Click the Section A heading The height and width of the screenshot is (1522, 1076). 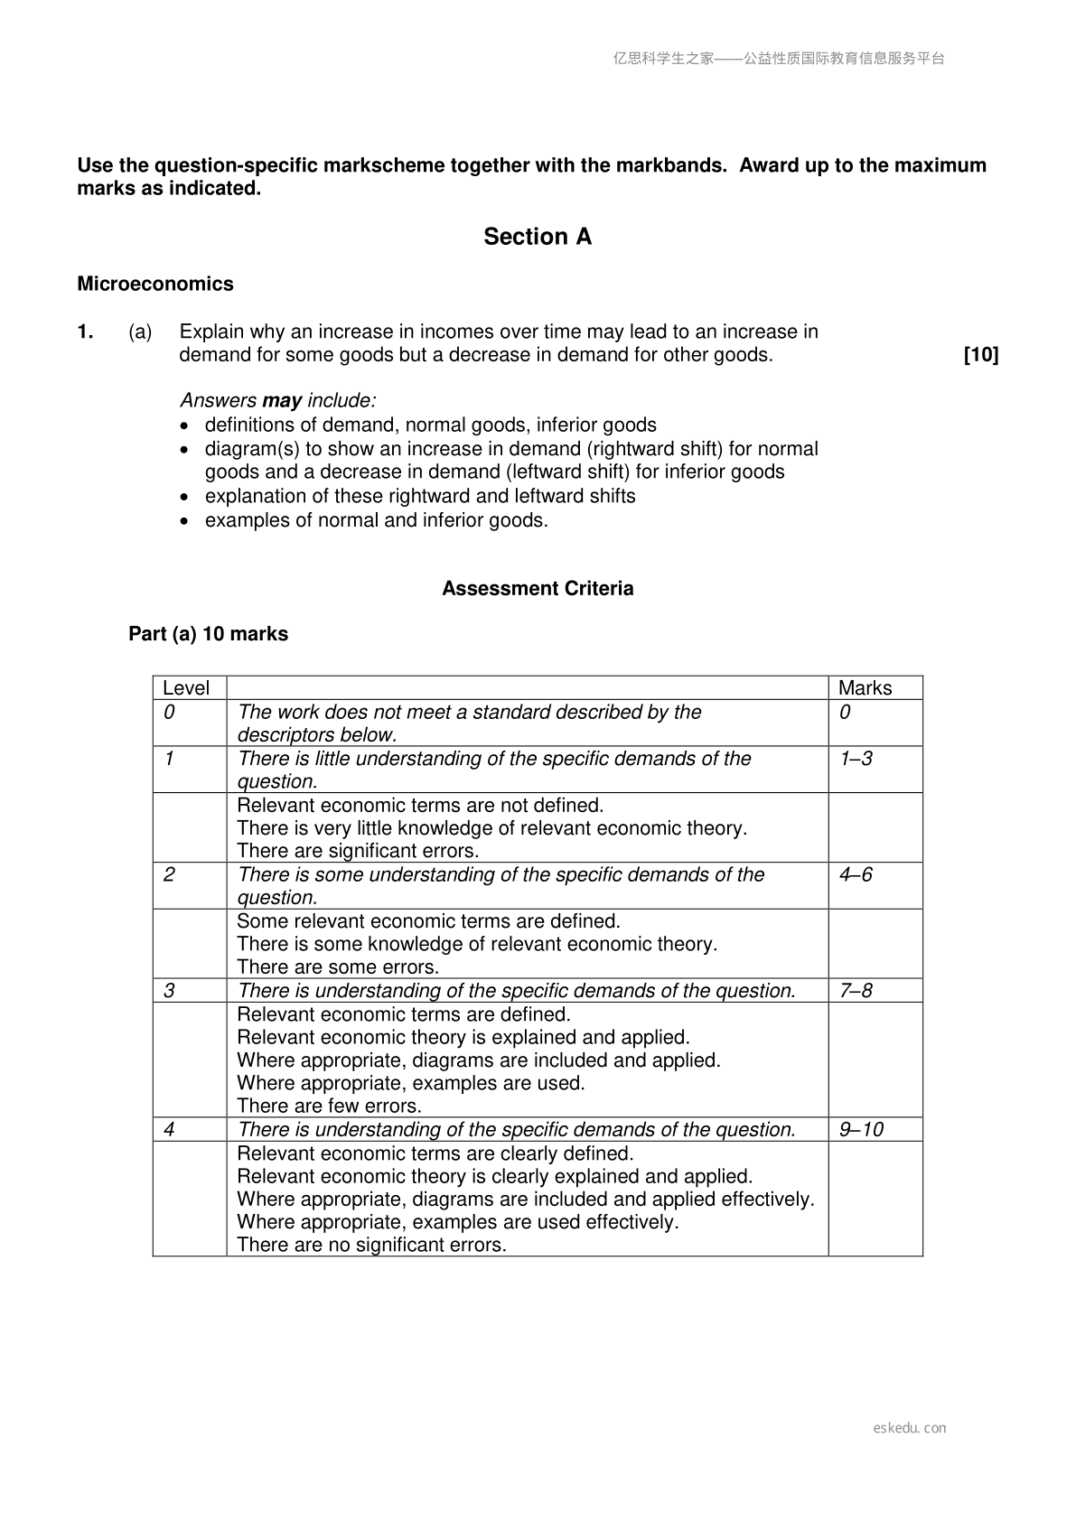(x=538, y=237)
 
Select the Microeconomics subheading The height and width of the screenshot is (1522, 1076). (x=155, y=284)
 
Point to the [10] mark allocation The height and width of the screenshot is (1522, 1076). (x=981, y=355)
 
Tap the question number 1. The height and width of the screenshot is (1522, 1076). (x=85, y=331)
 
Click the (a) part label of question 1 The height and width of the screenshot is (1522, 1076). (x=140, y=331)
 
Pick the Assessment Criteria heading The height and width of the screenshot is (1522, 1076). (x=538, y=589)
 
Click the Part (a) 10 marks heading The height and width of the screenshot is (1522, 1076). (x=208, y=634)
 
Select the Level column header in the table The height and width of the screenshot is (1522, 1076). (x=186, y=688)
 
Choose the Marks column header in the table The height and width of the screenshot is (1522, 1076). (x=865, y=688)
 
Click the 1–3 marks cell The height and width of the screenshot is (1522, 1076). (x=856, y=759)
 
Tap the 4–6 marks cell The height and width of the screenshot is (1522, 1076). (x=856, y=874)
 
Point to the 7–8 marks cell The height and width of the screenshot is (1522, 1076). (x=856, y=991)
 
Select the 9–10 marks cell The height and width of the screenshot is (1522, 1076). (x=861, y=1130)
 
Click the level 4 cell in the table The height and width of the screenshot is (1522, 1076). (x=169, y=1130)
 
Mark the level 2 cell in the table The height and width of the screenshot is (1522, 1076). (x=169, y=874)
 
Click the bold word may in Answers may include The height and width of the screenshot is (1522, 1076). (x=282, y=400)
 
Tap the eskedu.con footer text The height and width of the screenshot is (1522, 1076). (x=910, y=1428)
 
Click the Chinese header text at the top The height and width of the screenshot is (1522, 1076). (x=779, y=59)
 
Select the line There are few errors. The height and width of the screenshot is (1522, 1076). (x=329, y=1106)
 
